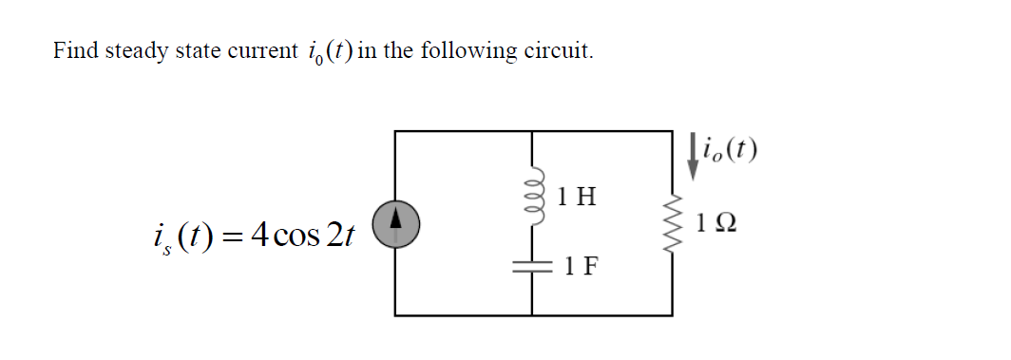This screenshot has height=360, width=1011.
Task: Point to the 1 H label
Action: tap(578, 198)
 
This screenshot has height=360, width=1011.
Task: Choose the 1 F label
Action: tap(580, 266)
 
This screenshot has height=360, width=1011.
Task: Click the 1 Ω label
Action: tap(716, 225)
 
